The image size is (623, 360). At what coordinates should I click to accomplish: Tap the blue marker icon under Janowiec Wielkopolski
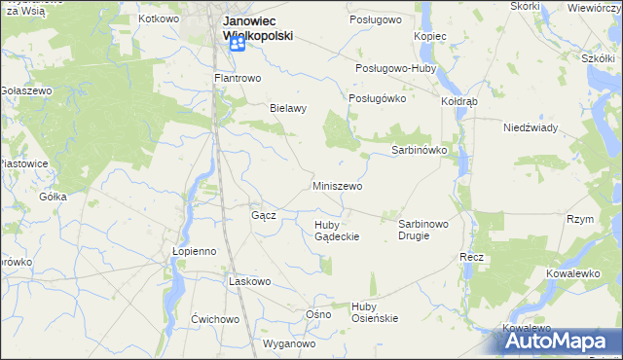236,45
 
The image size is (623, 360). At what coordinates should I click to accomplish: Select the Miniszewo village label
337,185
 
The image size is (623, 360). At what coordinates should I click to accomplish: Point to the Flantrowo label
233,78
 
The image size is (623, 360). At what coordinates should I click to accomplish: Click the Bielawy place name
288,109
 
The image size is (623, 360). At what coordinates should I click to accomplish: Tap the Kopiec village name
429,36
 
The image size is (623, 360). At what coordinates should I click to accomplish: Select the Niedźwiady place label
530,127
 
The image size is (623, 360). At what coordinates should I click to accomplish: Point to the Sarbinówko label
419,151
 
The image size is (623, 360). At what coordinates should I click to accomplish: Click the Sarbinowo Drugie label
423,230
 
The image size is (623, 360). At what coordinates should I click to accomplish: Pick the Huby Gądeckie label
337,231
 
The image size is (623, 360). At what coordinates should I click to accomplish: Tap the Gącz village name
264,215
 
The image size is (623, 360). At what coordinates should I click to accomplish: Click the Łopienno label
194,250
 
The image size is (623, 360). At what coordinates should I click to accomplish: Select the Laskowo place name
248,280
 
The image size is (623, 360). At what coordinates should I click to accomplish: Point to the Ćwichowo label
215,319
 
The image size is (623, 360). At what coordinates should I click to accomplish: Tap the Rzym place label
580,220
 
